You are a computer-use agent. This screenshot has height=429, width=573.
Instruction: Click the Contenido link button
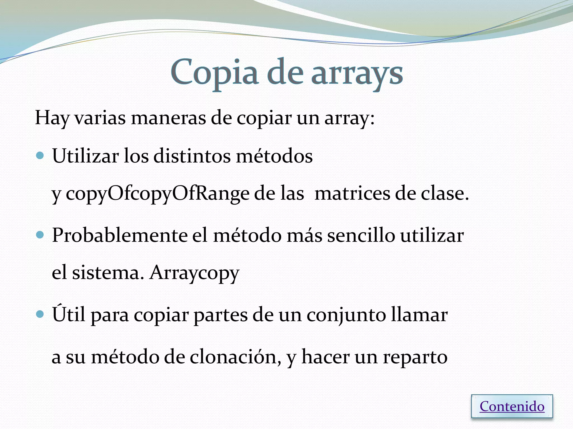point(512,406)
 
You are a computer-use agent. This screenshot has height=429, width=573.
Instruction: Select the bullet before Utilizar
point(40,155)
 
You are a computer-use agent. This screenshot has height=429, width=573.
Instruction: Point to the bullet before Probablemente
point(40,235)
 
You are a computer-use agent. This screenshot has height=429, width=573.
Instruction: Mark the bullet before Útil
point(40,314)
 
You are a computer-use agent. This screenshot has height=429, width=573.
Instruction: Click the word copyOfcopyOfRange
point(157,194)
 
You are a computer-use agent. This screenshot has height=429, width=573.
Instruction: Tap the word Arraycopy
point(194,273)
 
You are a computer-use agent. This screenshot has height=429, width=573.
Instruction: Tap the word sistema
point(106,273)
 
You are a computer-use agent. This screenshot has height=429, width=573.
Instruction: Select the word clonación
point(236,357)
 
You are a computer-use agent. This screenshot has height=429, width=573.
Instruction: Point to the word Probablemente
point(119,235)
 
